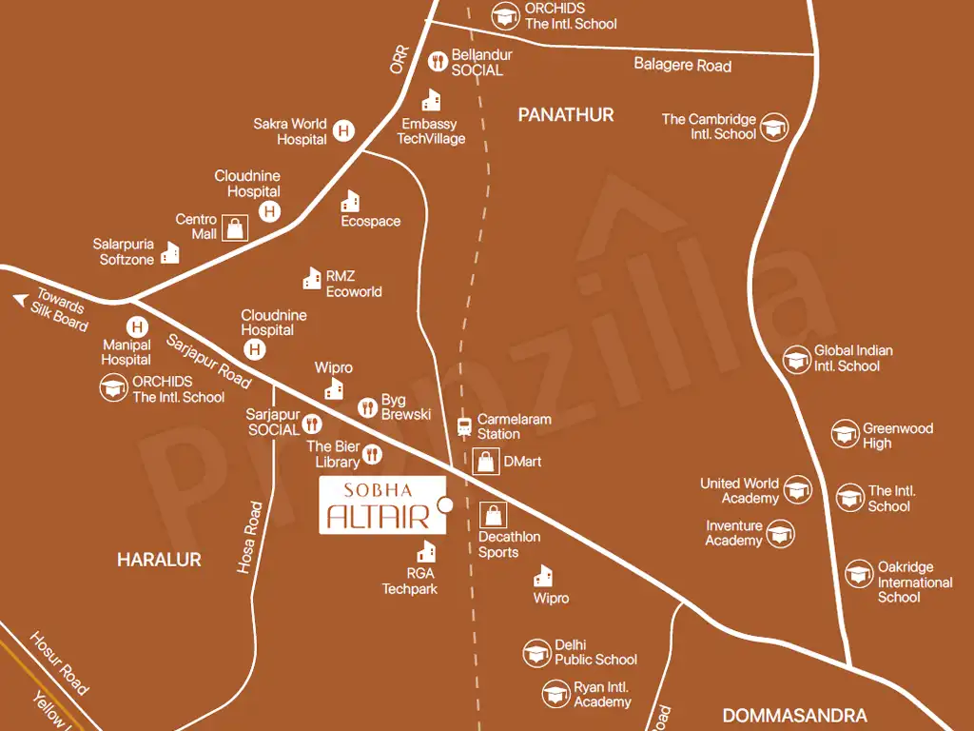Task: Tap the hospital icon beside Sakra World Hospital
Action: [x=343, y=131]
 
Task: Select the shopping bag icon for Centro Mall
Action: [x=235, y=227]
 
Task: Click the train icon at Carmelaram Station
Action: [x=464, y=426]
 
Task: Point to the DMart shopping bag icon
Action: [x=485, y=462]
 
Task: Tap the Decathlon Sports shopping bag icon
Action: [x=493, y=515]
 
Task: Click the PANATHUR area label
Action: [x=566, y=115]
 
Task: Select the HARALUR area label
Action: [x=159, y=560]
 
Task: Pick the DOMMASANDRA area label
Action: [x=794, y=715]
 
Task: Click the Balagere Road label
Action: [x=683, y=65]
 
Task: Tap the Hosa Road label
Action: [x=250, y=537]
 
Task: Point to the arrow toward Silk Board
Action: [x=19, y=300]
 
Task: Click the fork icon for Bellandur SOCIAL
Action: [x=438, y=62]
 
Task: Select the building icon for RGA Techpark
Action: [x=427, y=551]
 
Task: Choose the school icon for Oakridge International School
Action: [x=859, y=573]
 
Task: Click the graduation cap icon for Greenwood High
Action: [x=846, y=434]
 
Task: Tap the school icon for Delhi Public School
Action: [x=537, y=653]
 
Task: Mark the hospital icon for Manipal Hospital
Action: [x=138, y=325]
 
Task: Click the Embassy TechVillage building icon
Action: [x=432, y=100]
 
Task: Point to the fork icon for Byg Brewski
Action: [x=367, y=407]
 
